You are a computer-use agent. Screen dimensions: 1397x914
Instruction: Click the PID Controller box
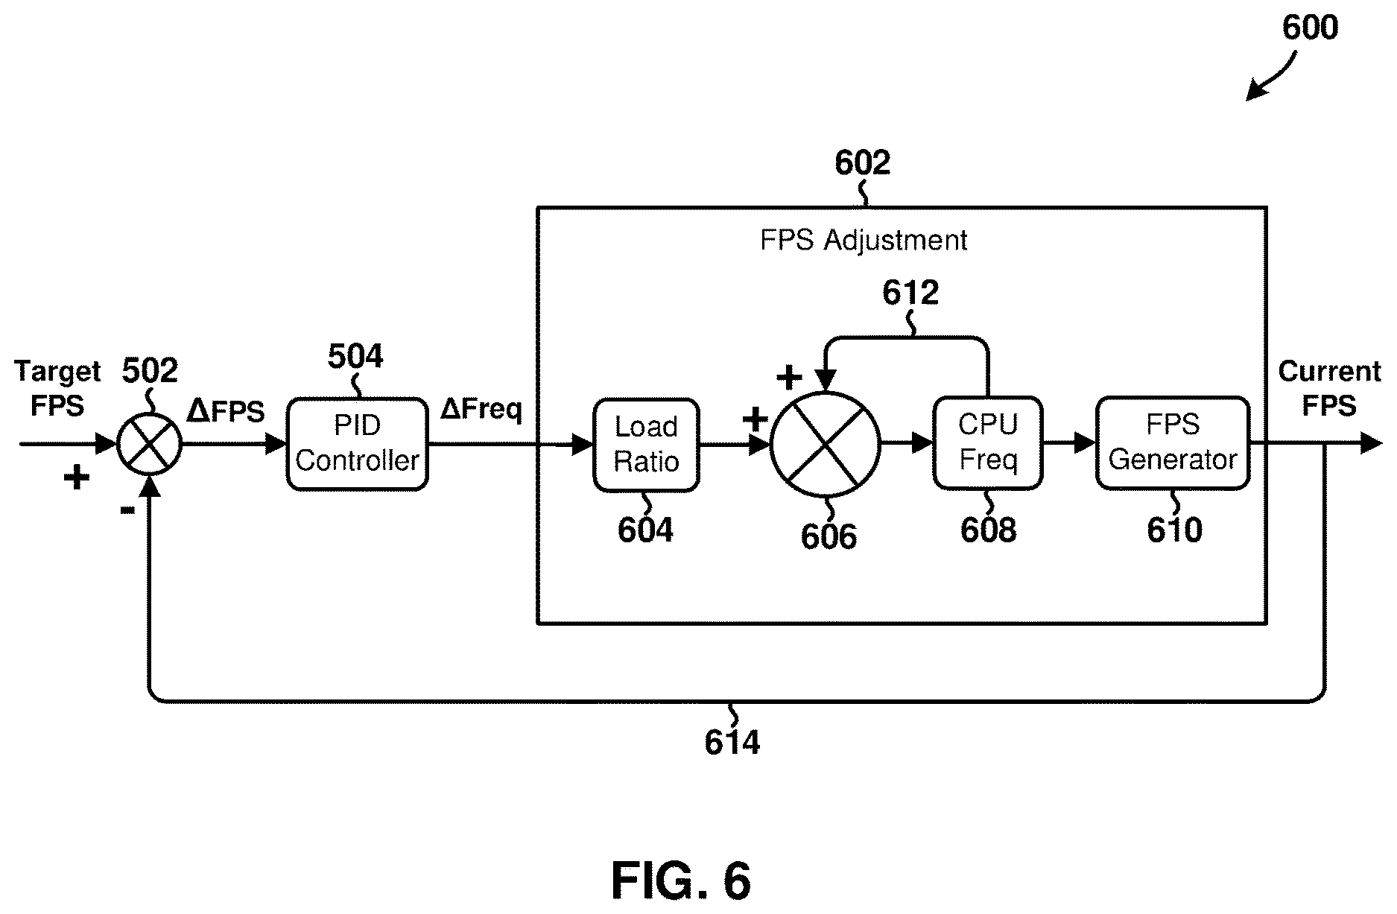click(358, 444)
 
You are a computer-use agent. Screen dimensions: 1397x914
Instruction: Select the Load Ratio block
click(646, 445)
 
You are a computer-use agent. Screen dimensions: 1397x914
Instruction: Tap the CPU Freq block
click(988, 443)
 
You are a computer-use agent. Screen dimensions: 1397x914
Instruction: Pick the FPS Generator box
click(1173, 443)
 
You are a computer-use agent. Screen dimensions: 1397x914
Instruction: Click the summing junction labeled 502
click(150, 445)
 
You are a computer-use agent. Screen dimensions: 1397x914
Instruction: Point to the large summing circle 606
click(825, 445)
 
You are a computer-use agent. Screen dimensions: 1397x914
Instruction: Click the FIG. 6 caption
click(681, 880)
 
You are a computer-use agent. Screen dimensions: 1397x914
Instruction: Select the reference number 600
click(1310, 28)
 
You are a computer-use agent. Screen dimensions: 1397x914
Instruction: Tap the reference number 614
click(732, 742)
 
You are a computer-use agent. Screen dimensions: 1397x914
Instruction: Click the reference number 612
click(910, 293)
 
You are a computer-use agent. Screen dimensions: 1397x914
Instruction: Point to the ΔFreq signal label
click(481, 409)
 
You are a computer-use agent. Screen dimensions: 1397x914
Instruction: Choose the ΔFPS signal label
click(226, 410)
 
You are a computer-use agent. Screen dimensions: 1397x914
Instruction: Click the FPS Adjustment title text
click(864, 240)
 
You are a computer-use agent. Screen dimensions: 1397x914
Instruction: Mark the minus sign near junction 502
click(127, 510)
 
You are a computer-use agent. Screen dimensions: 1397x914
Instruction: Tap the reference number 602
click(862, 162)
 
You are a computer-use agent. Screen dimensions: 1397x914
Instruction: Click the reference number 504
click(355, 356)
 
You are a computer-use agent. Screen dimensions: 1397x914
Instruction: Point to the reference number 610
click(1174, 530)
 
